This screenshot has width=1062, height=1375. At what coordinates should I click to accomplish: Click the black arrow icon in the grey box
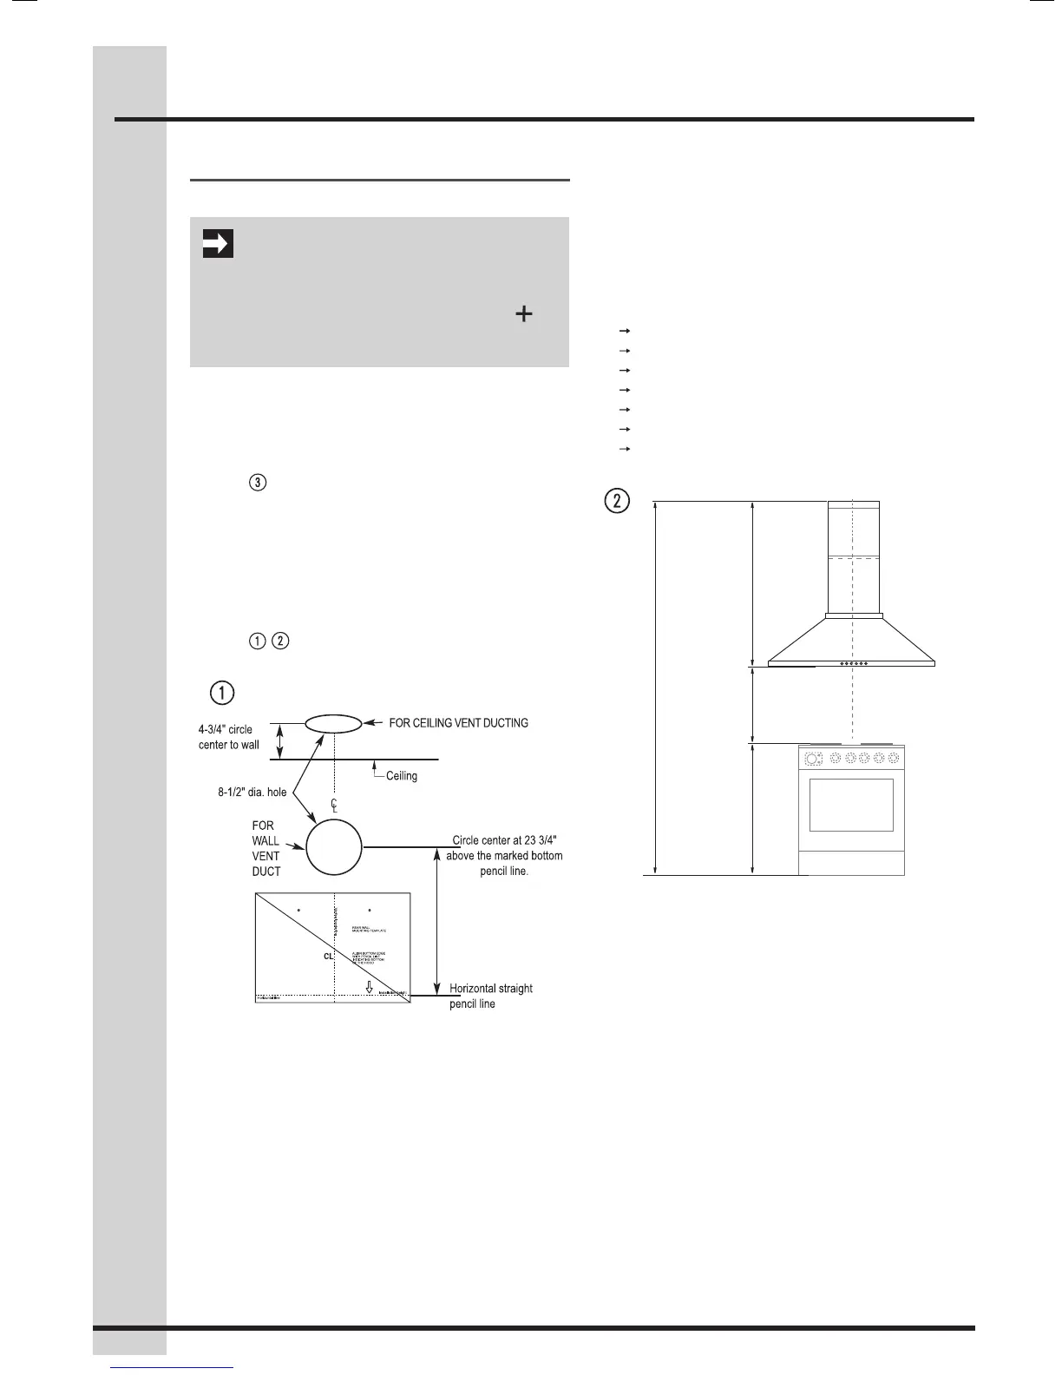[x=217, y=244]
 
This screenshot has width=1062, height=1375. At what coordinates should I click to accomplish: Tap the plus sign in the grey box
[x=523, y=314]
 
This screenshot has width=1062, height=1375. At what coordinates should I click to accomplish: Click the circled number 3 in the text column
[x=258, y=483]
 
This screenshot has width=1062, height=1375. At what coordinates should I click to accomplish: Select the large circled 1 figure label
[x=222, y=693]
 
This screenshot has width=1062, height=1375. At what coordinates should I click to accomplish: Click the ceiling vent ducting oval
[x=332, y=723]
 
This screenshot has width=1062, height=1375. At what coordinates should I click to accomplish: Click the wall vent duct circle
[x=334, y=846]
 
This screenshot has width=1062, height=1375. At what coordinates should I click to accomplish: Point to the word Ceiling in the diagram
[x=401, y=776]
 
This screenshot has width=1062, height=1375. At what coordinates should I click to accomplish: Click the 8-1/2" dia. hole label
[x=252, y=792]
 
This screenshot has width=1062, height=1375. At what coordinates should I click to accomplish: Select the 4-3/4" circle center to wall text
[x=229, y=737]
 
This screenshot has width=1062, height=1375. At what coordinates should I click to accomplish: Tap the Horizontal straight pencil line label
[x=490, y=996]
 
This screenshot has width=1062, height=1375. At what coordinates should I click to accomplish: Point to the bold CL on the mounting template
[x=328, y=956]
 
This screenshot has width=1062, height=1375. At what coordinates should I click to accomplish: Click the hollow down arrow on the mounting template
[x=369, y=987]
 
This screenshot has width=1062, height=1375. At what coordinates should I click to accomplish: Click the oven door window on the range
[x=851, y=805]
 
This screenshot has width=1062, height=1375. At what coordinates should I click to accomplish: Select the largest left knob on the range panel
[x=812, y=759]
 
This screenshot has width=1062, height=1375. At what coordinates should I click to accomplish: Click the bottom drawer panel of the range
[x=851, y=863]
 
